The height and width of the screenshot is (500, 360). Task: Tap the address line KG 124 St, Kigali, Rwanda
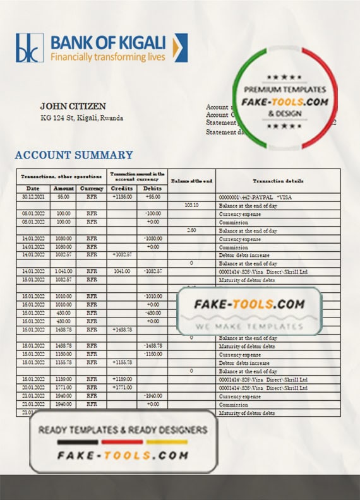click(x=81, y=117)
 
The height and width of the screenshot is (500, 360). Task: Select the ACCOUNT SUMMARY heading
click(x=74, y=155)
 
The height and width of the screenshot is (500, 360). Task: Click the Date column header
click(x=33, y=188)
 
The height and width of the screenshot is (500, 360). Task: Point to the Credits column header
click(x=123, y=188)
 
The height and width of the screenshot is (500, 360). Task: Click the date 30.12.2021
click(x=33, y=197)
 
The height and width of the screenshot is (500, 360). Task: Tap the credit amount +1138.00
click(x=123, y=197)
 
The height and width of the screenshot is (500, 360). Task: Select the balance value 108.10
click(x=191, y=205)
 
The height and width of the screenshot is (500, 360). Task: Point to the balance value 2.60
click(x=191, y=230)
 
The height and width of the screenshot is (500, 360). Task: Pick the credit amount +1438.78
click(x=123, y=330)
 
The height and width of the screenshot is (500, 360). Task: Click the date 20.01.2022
click(x=33, y=387)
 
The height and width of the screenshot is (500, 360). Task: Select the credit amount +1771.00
click(x=123, y=387)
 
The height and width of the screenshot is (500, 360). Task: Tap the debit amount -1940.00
click(x=152, y=395)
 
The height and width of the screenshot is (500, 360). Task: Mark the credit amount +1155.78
click(x=123, y=362)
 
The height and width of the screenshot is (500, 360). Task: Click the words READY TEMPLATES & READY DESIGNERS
click(x=123, y=430)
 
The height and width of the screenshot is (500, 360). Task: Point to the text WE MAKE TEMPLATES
click(x=249, y=326)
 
